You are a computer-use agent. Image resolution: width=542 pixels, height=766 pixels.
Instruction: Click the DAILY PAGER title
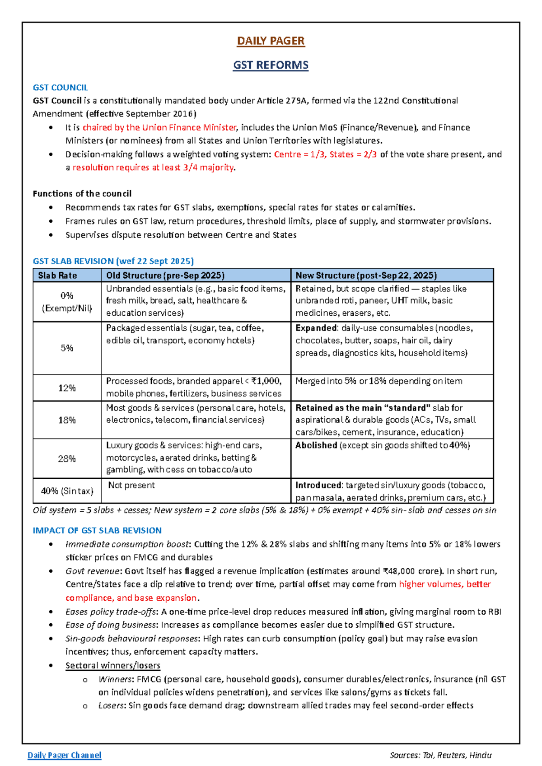(x=271, y=41)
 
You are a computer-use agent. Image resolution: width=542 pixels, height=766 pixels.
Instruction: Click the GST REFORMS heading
(x=271, y=65)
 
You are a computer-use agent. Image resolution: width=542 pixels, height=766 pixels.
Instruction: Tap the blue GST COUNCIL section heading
(x=60, y=88)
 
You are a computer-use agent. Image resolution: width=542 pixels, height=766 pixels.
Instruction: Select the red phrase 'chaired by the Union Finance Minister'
(x=159, y=127)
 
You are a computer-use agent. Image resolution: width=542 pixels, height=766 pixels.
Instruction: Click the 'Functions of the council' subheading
(x=82, y=194)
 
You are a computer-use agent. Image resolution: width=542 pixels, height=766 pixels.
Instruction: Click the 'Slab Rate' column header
(x=57, y=276)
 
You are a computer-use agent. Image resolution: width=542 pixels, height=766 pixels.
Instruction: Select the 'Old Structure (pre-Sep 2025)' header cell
(x=165, y=276)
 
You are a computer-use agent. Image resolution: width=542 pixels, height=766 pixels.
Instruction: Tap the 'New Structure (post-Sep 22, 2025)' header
(x=366, y=276)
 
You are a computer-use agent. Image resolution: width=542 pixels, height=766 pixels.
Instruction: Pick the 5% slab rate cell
(x=67, y=348)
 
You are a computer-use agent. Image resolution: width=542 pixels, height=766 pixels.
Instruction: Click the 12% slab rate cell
(x=67, y=388)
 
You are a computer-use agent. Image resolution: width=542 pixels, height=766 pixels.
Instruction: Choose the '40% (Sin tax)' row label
(x=67, y=491)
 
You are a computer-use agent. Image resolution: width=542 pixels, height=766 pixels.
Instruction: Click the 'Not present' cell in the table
(x=131, y=486)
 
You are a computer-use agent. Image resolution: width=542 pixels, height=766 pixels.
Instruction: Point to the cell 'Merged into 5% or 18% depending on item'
(x=378, y=381)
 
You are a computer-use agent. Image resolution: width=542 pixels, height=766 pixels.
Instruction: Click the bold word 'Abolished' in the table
(x=316, y=445)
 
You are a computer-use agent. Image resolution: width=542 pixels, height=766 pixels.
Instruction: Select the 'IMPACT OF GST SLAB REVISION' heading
(x=97, y=531)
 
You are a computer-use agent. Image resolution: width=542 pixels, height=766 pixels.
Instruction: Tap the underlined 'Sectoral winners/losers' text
(x=113, y=665)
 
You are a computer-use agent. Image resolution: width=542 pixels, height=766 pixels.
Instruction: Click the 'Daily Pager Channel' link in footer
(x=64, y=755)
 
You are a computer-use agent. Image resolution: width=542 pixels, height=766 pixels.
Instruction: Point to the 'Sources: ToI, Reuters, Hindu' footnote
(x=440, y=755)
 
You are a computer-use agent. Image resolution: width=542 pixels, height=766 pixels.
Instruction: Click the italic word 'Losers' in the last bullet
(x=111, y=705)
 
